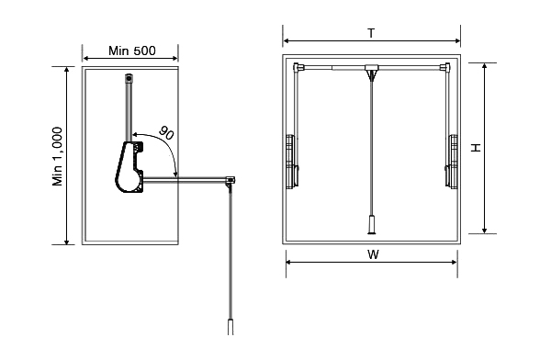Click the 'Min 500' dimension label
pos(131,51)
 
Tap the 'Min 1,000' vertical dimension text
pos(57,156)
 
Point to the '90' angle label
pos(166,133)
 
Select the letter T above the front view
pos(371,33)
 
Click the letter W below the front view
pos(373,254)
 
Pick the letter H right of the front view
pos(476,148)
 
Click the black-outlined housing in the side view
pos(129,167)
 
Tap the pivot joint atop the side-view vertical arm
pos(129,78)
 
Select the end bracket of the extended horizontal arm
pos(231,180)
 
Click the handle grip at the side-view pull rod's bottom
pos(231,327)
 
